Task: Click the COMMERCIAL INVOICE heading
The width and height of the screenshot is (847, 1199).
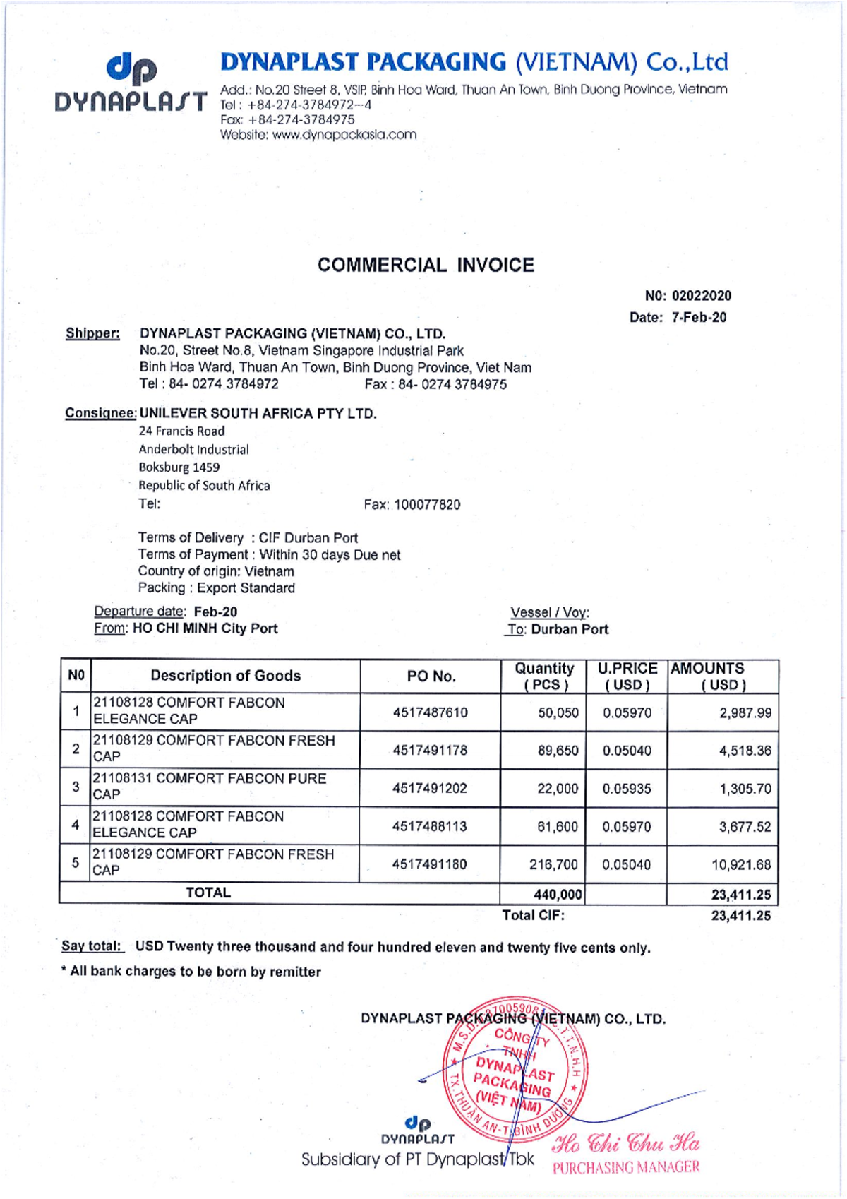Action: [x=426, y=266]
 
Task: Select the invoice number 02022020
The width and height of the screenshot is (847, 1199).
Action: [x=701, y=296]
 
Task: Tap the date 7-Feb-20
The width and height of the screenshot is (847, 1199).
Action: [x=699, y=318]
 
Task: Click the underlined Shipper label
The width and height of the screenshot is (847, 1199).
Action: [x=92, y=333]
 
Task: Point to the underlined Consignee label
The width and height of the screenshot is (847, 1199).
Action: [x=100, y=413]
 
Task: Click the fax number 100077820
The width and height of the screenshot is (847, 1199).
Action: [x=426, y=505]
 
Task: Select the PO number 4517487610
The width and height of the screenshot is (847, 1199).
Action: [x=430, y=712]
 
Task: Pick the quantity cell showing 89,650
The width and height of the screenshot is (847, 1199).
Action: [x=558, y=751]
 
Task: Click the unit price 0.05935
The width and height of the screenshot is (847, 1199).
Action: [x=627, y=789]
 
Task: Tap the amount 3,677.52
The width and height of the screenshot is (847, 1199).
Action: [x=745, y=827]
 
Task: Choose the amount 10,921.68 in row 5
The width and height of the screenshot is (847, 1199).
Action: [x=740, y=865]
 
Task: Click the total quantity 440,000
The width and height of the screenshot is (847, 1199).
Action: [x=558, y=895]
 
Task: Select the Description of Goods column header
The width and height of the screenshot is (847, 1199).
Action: [x=225, y=676]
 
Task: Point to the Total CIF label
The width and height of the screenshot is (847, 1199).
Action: [x=533, y=916]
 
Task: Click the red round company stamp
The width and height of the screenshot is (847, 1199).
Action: [x=515, y=1066]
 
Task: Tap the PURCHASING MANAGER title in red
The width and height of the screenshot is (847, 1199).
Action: [x=625, y=1168]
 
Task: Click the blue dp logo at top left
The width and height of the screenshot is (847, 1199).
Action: [x=131, y=68]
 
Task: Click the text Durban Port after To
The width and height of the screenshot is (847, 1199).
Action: [x=569, y=629]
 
